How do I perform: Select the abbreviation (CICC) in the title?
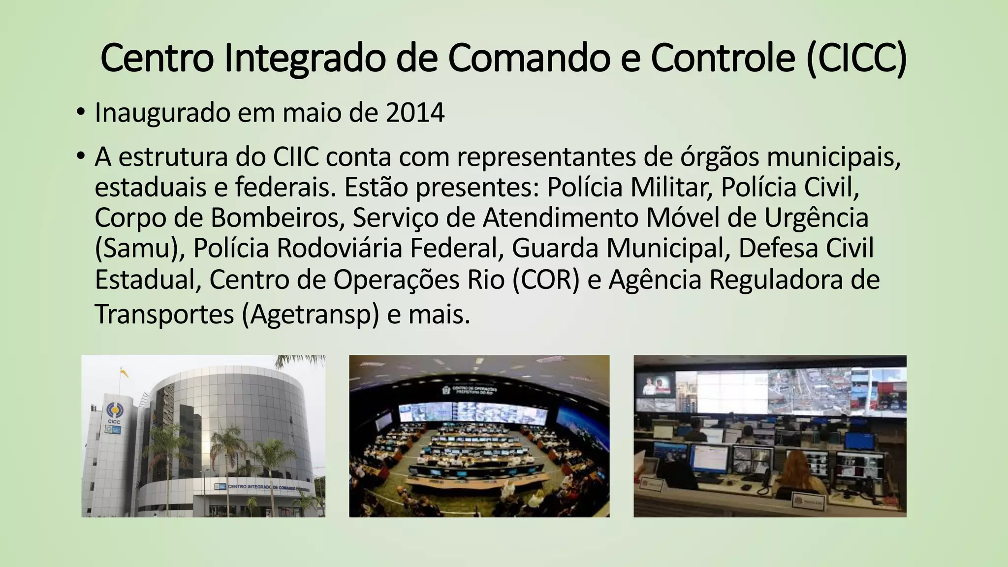tap(856, 58)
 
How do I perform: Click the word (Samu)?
tap(139, 248)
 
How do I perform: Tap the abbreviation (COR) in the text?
tap(546, 280)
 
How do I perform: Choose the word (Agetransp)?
tap(311, 314)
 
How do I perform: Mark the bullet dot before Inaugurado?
tap(80, 113)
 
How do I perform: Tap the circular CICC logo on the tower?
tap(113, 409)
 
